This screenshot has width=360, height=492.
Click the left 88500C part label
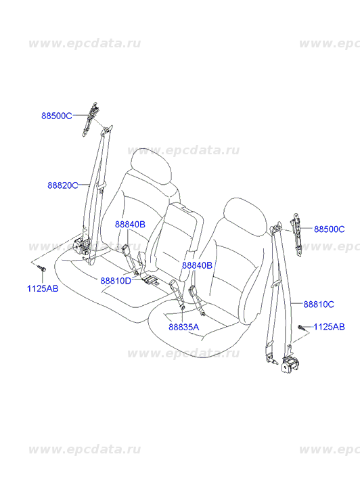[x=57, y=116]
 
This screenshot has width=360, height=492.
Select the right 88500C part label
[x=330, y=229]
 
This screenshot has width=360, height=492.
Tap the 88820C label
[x=63, y=185]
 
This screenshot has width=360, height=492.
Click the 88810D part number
[x=116, y=281]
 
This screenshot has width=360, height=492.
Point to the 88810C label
[x=319, y=304]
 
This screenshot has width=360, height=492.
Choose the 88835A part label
[x=184, y=327]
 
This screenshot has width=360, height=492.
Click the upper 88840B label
[x=130, y=225]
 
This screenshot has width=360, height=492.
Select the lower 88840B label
[x=197, y=265]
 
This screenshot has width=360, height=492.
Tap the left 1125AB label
[x=43, y=289]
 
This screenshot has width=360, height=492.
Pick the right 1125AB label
[x=330, y=327]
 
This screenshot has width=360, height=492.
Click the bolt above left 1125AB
[x=41, y=267]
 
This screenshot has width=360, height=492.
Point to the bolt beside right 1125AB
[x=301, y=328]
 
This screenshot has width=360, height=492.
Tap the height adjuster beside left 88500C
[x=89, y=119]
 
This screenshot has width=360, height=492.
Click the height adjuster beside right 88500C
[x=297, y=235]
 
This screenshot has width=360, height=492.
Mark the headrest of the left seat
[x=151, y=167]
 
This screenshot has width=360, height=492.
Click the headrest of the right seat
[x=246, y=217]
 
